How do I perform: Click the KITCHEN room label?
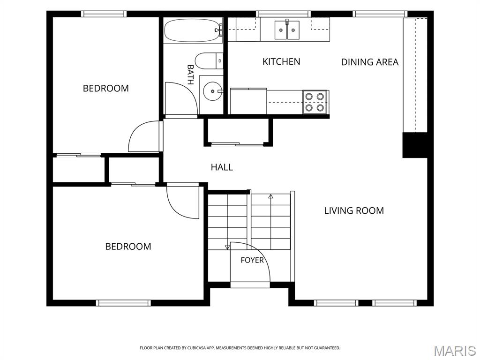(x=281, y=61)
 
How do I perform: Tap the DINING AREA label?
(x=370, y=62)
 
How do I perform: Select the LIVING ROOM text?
(x=354, y=210)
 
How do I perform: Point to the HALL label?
(x=222, y=167)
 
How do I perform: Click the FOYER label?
(x=252, y=260)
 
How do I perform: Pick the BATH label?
(x=190, y=75)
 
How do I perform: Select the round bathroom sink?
(x=212, y=91)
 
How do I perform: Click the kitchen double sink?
(x=286, y=30)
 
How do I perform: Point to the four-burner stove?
(x=315, y=102)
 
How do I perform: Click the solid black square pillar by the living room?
(x=414, y=145)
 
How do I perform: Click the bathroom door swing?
(x=181, y=98)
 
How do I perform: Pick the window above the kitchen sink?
(x=284, y=14)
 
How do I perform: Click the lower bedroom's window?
(x=123, y=303)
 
